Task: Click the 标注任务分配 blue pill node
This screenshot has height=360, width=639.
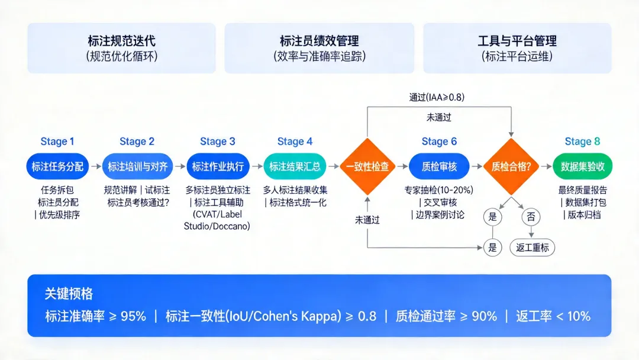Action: click(57, 167)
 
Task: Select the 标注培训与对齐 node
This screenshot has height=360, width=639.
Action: click(137, 167)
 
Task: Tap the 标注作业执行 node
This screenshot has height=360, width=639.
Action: click(218, 167)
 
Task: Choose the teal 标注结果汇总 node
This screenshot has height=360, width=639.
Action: click(295, 167)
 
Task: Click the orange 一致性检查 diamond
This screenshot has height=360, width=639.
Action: click(367, 167)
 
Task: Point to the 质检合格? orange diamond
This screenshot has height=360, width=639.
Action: click(511, 167)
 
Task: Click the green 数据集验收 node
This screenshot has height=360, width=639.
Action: click(582, 167)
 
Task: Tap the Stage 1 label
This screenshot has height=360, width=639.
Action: click(57, 142)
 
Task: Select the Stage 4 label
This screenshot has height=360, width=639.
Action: click(295, 142)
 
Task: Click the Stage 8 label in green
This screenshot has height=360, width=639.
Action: click(582, 142)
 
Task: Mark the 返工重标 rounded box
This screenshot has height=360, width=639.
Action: click(532, 247)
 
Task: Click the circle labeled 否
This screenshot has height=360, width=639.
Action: click(530, 217)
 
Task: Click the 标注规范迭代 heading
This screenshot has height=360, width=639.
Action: click(122, 41)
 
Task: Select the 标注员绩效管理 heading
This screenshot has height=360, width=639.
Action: click(319, 41)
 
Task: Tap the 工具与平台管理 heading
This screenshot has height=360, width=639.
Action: click(517, 41)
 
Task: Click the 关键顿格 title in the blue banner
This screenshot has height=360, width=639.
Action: click(69, 294)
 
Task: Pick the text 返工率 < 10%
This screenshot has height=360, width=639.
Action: click(553, 316)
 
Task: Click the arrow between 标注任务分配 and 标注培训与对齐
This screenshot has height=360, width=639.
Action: click(95, 167)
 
